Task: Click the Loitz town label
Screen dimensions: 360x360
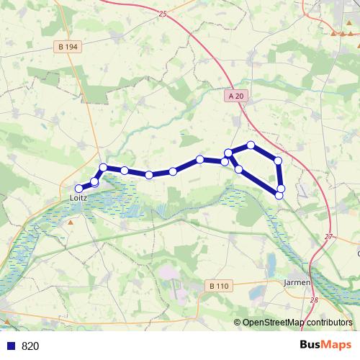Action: point(78,196)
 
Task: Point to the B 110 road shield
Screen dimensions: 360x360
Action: point(219,286)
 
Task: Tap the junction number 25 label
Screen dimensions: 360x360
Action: point(162,14)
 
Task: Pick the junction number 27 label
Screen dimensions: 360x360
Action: point(328,237)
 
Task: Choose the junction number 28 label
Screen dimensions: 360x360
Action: point(314,300)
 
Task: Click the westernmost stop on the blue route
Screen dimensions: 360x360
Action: point(80,189)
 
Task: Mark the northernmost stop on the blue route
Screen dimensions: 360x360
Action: point(251,145)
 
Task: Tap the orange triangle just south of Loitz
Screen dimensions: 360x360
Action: point(71,222)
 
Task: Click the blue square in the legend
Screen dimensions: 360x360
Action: point(12,346)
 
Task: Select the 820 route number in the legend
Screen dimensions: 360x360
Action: point(30,346)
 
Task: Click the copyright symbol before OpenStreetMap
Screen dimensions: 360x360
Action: point(238,323)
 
